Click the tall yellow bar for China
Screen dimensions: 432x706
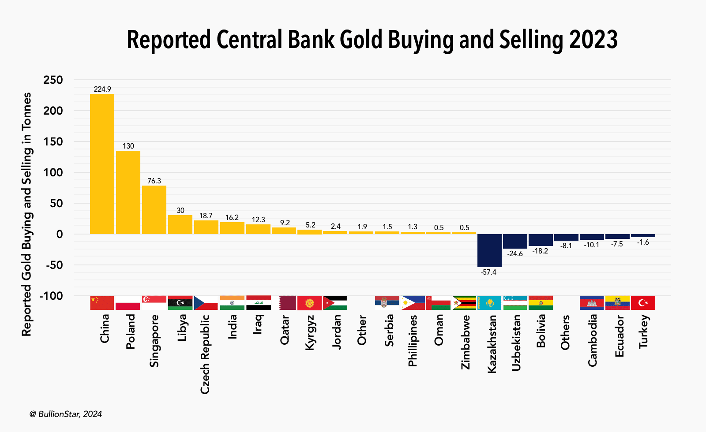click(102, 164)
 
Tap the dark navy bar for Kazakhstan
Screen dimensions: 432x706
click(489, 250)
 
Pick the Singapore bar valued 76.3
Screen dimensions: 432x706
click(154, 210)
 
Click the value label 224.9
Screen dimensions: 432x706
click(102, 89)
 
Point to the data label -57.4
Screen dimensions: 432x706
click(488, 272)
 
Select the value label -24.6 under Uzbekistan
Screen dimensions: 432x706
click(515, 254)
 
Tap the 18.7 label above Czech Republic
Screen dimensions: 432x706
click(206, 216)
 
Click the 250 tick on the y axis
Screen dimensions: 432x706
click(53, 80)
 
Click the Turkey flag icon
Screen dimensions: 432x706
click(643, 303)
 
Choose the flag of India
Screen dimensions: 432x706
click(232, 303)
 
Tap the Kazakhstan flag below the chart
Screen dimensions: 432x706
click(489, 303)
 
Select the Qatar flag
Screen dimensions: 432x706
click(284, 303)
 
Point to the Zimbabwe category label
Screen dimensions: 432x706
click(465, 342)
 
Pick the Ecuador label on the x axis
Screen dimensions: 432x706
click(620, 336)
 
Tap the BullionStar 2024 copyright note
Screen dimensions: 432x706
click(66, 414)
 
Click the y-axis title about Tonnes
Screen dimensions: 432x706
click(27, 214)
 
